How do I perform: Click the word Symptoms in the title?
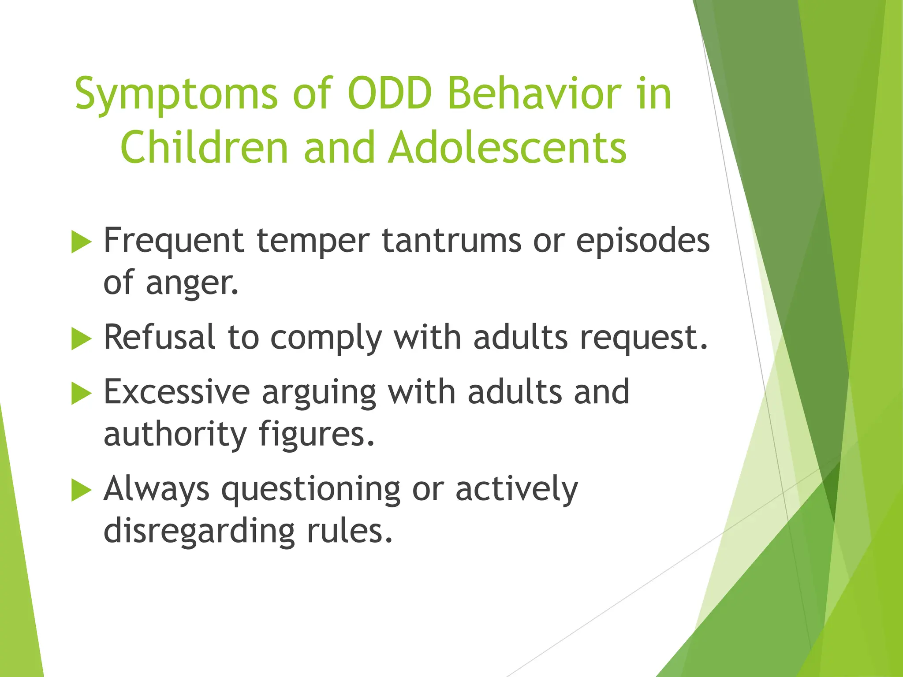click(x=176, y=95)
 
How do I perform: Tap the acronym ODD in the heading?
click(x=389, y=94)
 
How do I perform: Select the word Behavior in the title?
click(x=534, y=94)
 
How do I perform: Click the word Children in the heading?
click(x=204, y=148)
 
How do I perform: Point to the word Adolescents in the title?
click(x=507, y=148)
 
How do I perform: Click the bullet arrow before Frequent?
click(x=81, y=242)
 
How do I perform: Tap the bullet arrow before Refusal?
click(x=81, y=339)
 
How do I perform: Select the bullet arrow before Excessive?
click(x=81, y=393)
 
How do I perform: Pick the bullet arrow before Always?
click(x=81, y=490)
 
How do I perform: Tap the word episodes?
click(x=643, y=242)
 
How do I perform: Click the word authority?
click(x=175, y=435)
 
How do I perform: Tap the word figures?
click(x=316, y=435)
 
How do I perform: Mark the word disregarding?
click(x=199, y=531)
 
